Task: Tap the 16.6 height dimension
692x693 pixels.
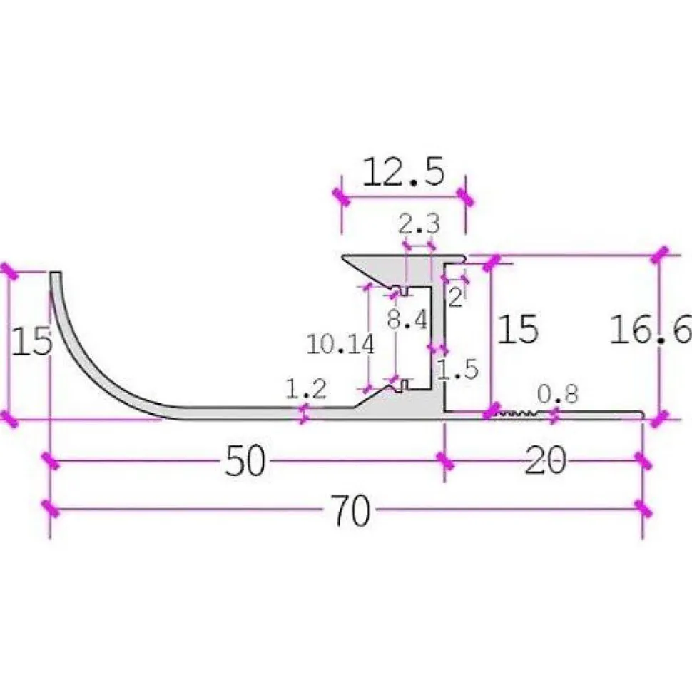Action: point(651,329)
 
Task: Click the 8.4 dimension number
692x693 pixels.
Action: point(407,319)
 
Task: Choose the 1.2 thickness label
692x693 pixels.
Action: point(306,389)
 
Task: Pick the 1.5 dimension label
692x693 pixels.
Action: point(458,369)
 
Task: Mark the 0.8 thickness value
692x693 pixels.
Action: point(558,394)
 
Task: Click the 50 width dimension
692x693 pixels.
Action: point(245,461)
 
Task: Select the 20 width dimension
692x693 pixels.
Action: point(545,460)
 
